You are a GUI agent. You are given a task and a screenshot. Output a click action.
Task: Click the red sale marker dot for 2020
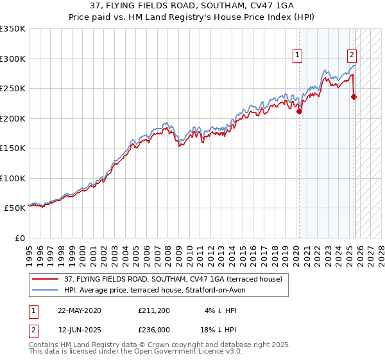[x=299, y=111]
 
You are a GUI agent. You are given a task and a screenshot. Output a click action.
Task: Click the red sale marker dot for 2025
[x=354, y=96]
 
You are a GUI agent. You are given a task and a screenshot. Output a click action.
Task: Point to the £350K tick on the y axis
[x=13, y=29]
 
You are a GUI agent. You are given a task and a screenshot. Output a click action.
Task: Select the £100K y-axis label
[x=13, y=178]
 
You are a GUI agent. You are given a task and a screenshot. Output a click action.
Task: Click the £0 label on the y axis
[x=19, y=238]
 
